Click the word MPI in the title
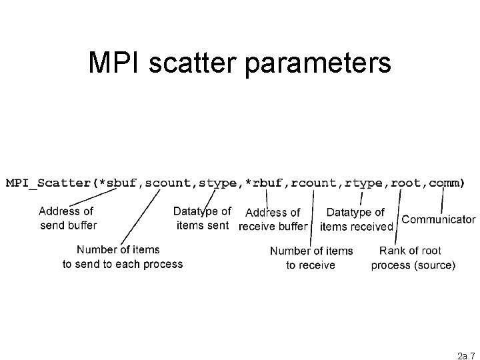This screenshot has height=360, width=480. click(114, 63)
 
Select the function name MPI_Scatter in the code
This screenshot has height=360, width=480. click(48, 182)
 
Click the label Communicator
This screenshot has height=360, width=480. click(439, 219)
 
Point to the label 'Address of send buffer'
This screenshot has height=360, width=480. click(67, 219)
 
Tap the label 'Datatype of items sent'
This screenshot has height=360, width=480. click(202, 219)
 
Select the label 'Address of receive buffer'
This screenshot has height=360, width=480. click(273, 219)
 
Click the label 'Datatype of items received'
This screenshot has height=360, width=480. click(357, 219)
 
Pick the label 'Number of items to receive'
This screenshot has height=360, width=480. click(311, 258)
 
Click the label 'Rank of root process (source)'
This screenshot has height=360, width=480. click(413, 258)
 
